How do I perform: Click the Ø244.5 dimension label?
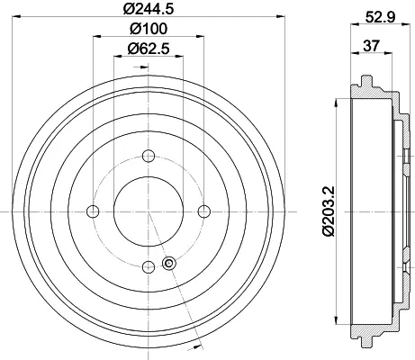tap(149, 9)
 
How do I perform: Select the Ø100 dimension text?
tap(149, 29)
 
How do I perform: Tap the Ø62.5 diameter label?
tap(149, 49)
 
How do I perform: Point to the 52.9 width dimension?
tap(381, 17)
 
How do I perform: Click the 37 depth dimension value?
tap(371, 46)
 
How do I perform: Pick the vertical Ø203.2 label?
tap(329, 211)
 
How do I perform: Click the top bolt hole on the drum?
tap(149, 156)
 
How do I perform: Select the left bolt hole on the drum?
tap(93, 211)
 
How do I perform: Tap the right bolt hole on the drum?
tap(204, 211)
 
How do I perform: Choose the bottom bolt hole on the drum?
tap(149, 266)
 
